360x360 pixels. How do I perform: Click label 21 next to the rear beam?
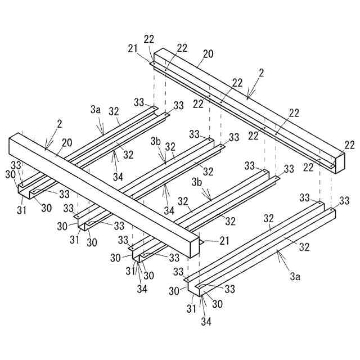tap(132, 49)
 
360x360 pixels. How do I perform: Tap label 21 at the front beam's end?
tap(209, 241)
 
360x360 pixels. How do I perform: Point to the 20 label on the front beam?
tap(67, 143)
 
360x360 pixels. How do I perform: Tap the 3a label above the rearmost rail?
tap(95, 111)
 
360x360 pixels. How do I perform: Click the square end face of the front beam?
tap(194, 246)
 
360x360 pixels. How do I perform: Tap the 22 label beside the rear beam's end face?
tap(350, 145)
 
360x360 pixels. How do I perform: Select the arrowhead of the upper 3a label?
tap(103, 134)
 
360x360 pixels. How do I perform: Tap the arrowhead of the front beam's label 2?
tap(46, 150)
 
